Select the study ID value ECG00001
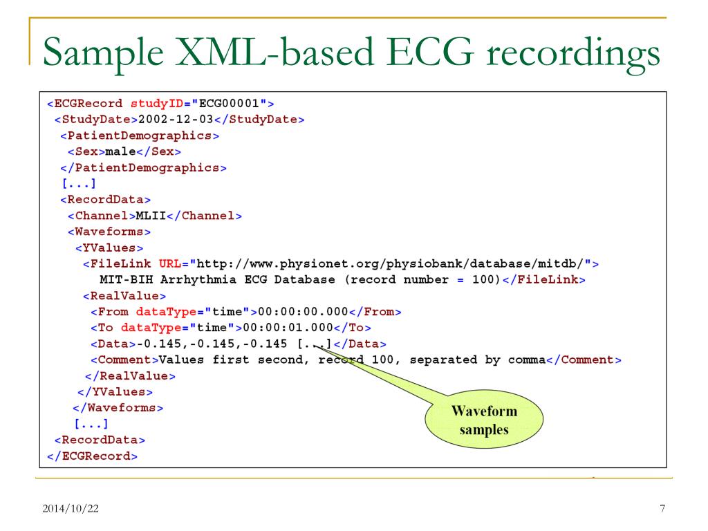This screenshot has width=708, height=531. (230, 104)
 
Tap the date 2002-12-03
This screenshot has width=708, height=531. (169, 120)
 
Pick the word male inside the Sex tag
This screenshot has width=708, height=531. (121, 151)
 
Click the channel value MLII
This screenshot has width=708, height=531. (155, 216)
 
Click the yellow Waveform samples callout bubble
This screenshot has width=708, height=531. (484, 420)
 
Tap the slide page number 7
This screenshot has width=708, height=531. (662, 510)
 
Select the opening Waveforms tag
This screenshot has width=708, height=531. (109, 232)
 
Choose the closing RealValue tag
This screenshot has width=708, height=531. (129, 375)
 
